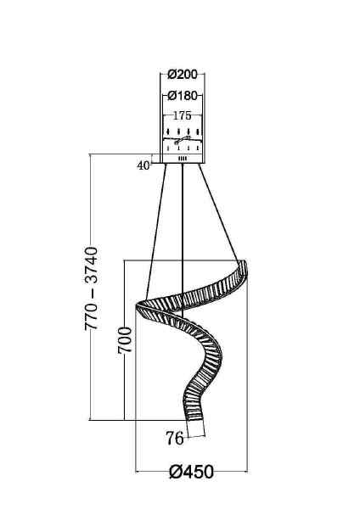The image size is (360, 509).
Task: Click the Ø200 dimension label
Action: (x=182, y=75)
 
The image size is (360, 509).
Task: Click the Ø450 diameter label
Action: (x=191, y=473)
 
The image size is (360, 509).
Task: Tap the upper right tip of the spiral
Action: (x=245, y=265)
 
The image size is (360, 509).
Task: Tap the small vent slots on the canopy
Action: (x=182, y=158)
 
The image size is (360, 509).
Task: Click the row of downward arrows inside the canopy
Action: (x=182, y=131)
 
